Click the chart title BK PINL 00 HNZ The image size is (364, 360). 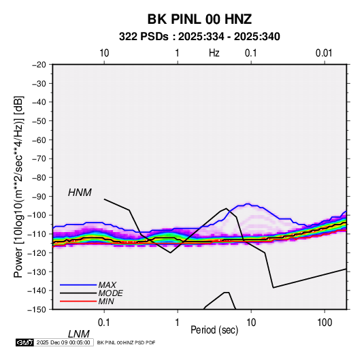tap(199, 19)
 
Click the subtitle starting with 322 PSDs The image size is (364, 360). tap(199, 37)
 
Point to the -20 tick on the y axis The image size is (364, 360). tap(39, 65)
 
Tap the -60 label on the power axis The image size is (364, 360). tap(39, 140)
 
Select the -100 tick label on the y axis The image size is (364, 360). tap(37, 215)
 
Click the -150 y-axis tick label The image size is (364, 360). tap(37, 310)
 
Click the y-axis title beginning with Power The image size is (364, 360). tap(18, 186)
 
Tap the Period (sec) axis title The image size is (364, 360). tap(214, 330)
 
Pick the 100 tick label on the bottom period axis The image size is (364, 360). tap(325, 323)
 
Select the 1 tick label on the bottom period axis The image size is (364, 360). tap(178, 323)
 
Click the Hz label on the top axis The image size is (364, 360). tap(214, 53)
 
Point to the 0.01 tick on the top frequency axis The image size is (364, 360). tap(324, 53)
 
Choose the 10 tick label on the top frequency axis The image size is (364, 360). tap(104, 53)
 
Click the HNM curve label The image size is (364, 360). tap(80, 193)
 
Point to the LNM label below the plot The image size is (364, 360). tap(79, 334)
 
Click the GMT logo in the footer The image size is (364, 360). tap(24, 342)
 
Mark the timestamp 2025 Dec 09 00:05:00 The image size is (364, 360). tap(63, 342)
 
